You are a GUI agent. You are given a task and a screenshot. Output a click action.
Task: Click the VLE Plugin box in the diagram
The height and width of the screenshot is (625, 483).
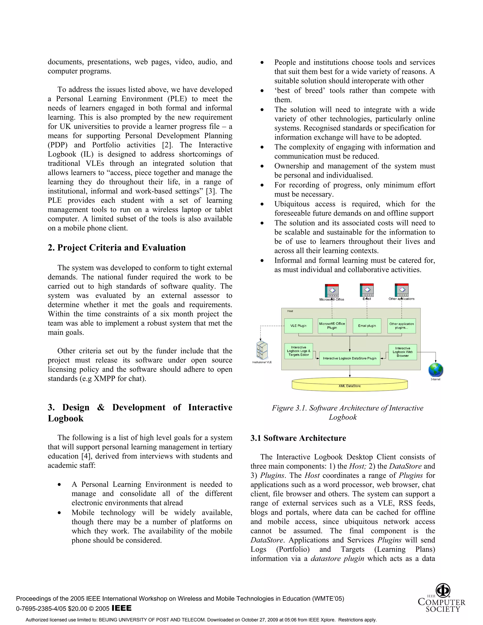click(298, 326)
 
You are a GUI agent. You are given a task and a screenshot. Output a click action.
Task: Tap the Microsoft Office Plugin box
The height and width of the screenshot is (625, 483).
click(332, 326)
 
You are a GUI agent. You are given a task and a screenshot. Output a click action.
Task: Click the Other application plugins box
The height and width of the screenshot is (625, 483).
click(401, 326)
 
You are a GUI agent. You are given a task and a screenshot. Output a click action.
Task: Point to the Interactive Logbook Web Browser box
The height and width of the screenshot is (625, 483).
click(402, 352)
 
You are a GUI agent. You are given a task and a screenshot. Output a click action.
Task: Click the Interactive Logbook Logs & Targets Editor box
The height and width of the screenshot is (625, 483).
click(298, 351)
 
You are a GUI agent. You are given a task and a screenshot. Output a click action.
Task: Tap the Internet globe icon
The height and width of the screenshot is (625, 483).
click(436, 370)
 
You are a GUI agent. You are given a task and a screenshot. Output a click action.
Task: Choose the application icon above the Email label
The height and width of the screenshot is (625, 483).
click(366, 290)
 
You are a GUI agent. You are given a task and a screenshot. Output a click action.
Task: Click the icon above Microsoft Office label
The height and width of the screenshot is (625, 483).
click(332, 291)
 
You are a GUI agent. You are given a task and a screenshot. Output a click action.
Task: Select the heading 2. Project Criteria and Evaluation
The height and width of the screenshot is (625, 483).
click(117, 248)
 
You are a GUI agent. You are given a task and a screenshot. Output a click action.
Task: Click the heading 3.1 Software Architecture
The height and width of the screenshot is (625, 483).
click(298, 438)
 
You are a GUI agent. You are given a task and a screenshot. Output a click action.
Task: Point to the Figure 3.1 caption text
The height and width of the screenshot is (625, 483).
click(347, 412)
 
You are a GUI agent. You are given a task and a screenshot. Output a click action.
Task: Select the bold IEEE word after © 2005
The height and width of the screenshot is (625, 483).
click(122, 608)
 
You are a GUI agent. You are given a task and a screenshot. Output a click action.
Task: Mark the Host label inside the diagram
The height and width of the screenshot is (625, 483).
click(290, 311)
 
